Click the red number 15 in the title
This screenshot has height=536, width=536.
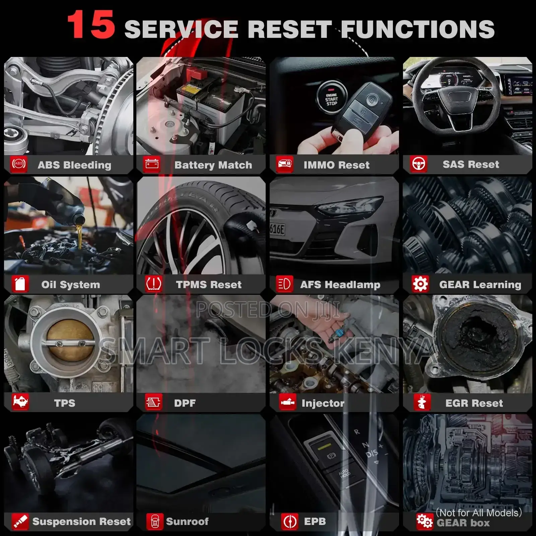coord(91,24)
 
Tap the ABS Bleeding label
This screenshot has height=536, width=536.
coord(74,165)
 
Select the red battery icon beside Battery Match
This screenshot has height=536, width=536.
coord(152,164)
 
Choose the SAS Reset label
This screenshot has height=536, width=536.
coord(471,164)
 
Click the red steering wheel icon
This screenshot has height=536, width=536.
coord(419,164)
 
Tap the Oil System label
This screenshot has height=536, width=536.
coord(71,285)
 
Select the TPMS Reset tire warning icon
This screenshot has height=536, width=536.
coord(154,284)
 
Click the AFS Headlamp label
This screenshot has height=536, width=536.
coord(340,285)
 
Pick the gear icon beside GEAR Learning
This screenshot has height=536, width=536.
coord(420,284)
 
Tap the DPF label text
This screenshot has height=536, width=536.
coord(185,403)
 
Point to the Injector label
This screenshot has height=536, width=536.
coord(323,403)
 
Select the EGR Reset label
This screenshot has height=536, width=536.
coord(474,403)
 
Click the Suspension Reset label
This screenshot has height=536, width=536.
coord(81,522)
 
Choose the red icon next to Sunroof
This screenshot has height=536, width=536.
coord(155,522)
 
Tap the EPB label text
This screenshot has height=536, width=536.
coord(315,521)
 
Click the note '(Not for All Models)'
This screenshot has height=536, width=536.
coord(479,513)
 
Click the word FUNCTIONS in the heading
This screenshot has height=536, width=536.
coord(418,29)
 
